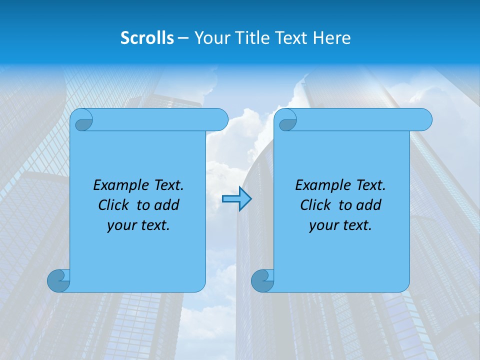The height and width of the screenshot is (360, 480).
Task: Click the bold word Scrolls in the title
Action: [147, 38]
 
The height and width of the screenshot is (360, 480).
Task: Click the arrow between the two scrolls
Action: [236, 199]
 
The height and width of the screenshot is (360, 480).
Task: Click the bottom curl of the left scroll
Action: [59, 280]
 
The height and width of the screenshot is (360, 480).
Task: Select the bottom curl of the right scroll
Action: [263, 280]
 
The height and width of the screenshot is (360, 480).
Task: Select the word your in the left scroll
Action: [120, 226]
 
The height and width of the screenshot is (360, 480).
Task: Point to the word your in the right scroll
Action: [322, 226]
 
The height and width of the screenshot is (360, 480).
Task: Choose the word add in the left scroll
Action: [167, 205]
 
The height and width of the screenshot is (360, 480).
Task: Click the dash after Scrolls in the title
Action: [183, 38]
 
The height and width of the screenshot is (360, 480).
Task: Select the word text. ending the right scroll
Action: [356, 226]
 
